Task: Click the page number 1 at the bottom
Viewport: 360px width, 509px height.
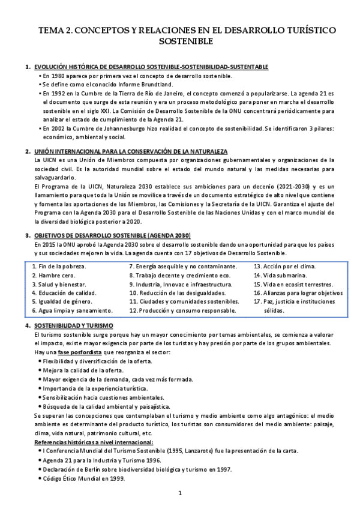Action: (180, 493)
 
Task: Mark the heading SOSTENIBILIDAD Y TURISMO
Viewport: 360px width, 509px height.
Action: (72, 325)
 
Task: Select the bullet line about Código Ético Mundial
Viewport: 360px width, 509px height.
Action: (87, 478)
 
